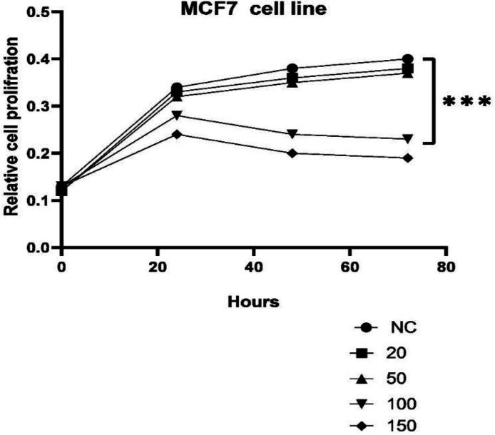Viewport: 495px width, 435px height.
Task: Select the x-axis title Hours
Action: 253,301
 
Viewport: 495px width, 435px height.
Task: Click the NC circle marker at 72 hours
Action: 408,59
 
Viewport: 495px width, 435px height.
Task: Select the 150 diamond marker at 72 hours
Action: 408,158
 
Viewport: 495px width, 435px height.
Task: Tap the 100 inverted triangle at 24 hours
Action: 177,116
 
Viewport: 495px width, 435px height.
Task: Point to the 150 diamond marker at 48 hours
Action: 292,153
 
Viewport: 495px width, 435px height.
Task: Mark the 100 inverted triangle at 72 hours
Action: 408,139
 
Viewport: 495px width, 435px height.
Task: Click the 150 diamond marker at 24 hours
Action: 177,134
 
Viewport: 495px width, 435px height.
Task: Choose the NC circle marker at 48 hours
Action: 292,69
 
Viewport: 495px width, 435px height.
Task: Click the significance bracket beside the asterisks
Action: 433,101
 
